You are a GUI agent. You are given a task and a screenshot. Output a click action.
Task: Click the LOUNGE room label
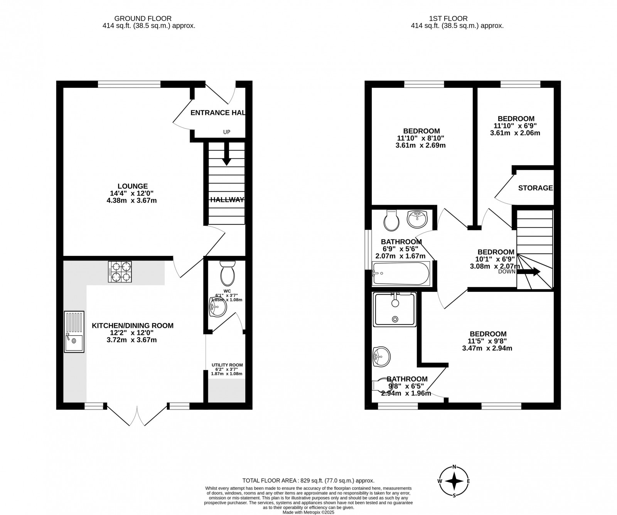pyautogui.click(x=133, y=186)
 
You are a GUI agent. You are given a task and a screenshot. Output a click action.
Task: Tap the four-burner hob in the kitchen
pyautogui.click(x=120, y=272)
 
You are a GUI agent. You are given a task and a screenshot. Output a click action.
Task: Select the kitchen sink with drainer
pyautogui.click(x=74, y=332)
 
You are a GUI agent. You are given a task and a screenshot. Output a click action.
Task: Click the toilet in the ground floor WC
pyautogui.click(x=227, y=273)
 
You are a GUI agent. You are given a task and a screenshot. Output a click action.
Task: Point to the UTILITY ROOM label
pyautogui.click(x=227, y=365)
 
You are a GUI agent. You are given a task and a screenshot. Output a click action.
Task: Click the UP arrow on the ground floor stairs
pyautogui.click(x=226, y=154)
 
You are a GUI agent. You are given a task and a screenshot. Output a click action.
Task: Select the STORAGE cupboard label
pyautogui.click(x=535, y=188)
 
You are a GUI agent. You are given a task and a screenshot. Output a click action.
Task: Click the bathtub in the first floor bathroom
pyautogui.click(x=401, y=273)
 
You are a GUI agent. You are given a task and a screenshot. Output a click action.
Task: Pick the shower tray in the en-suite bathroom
pyautogui.click(x=395, y=310)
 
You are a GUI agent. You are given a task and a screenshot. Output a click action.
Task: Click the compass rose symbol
pyautogui.click(x=455, y=481)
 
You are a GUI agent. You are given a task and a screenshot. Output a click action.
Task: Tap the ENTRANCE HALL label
pyautogui.click(x=218, y=113)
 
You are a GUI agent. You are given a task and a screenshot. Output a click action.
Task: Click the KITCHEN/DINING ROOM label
pyautogui.click(x=133, y=326)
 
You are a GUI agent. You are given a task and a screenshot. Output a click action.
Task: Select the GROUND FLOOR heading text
pyautogui.click(x=143, y=18)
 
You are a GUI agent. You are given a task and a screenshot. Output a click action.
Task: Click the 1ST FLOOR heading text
pyautogui.click(x=448, y=18)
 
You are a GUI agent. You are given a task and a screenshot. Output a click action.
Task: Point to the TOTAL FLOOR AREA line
pyautogui.click(x=308, y=480)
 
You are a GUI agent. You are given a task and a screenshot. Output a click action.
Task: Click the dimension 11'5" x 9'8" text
pyautogui.click(x=487, y=341)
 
